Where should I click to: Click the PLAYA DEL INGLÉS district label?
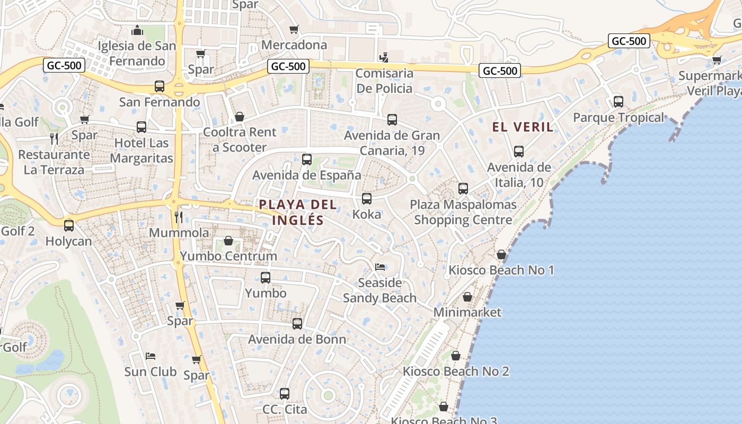[297, 212]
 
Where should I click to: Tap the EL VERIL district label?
[523, 127]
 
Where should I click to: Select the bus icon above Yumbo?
[266, 278]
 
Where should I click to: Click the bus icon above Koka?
[366, 199]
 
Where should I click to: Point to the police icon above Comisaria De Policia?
[384, 58]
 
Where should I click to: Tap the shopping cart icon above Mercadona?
[294, 30]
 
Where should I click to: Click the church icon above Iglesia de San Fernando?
[137, 31]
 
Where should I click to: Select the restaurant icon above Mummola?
[179, 217]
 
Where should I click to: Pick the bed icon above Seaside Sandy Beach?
[379, 267]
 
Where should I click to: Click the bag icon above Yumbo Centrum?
[228, 241]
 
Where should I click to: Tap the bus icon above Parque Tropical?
[618, 102]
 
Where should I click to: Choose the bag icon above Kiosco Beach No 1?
[501, 255]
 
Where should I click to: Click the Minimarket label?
[467, 312]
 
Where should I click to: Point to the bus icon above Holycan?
[69, 226]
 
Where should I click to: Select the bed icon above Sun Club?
[151, 356]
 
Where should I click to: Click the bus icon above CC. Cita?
[285, 394]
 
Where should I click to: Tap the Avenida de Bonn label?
[297, 339]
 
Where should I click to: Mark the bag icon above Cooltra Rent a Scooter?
[240, 117]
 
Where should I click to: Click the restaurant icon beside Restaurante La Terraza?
[54, 139]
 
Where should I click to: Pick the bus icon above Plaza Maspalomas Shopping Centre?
[463, 189]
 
